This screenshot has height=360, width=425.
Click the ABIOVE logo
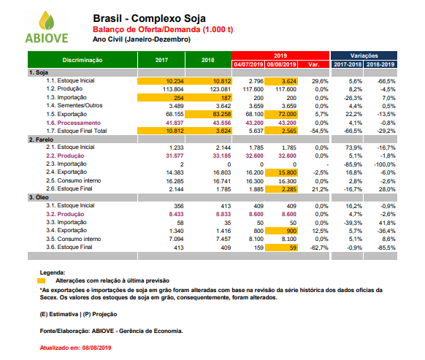coord(47,27)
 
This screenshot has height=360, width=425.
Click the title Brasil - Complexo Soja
coord(150,18)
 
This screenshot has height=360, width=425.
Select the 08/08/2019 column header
coord(281,64)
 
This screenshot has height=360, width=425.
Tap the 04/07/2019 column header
coord(248,64)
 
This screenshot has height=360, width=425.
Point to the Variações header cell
coord(364,55)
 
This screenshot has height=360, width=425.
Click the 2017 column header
coord(161,60)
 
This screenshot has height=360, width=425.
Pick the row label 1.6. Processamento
coord(74,123)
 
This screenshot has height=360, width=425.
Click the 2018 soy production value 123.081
coord(221,89)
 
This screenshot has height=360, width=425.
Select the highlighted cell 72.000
coord(281,114)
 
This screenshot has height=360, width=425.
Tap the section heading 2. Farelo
coord(41,139)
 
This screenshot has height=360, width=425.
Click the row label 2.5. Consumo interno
coord(74,180)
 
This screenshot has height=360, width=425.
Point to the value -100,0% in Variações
coord(385,164)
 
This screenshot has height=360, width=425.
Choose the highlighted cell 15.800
coord(281,172)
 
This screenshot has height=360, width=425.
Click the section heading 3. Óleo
coord(39,197)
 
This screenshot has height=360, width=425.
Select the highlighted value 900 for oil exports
coord(281,231)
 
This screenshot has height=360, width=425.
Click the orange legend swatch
coord(41,281)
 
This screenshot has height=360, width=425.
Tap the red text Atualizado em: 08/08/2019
coord(75,348)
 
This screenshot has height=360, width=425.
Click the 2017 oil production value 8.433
coord(176,214)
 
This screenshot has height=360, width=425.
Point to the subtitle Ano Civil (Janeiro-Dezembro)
coord(142,39)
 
